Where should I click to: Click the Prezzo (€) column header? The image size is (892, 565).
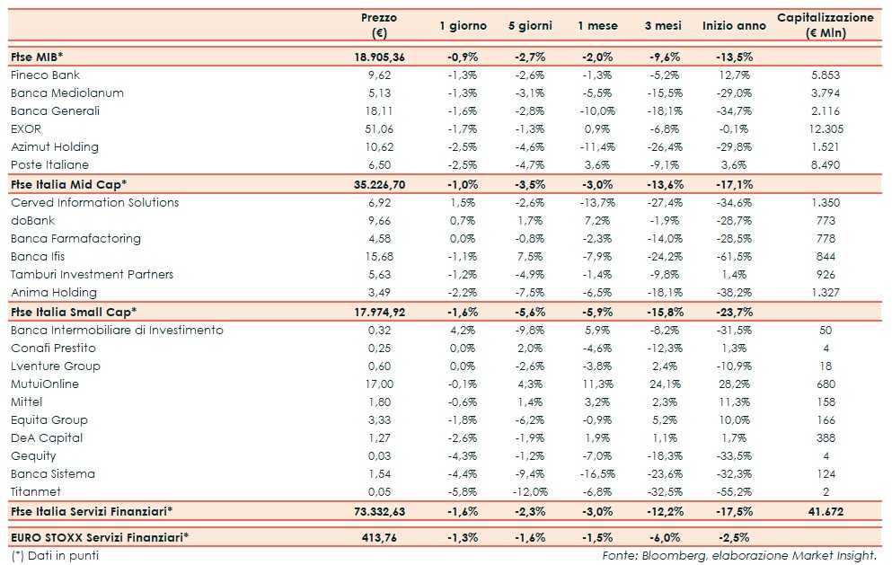click(x=379, y=25)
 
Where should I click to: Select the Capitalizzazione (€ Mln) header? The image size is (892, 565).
click(x=825, y=25)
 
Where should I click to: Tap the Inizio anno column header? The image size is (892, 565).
click(x=734, y=26)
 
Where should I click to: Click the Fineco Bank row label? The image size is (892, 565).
click(x=46, y=75)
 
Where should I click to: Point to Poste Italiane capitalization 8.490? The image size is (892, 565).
click(x=825, y=164)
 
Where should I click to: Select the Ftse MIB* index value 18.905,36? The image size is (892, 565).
click(x=379, y=56)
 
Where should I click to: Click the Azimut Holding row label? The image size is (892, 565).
click(x=55, y=146)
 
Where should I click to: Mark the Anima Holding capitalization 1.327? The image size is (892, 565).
click(x=825, y=292)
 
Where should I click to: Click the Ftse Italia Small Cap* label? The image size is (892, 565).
click(x=74, y=312)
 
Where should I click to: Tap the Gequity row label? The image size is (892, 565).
click(x=34, y=455)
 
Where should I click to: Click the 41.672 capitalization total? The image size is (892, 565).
click(x=825, y=511)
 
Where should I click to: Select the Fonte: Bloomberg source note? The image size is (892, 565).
click(x=739, y=555)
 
